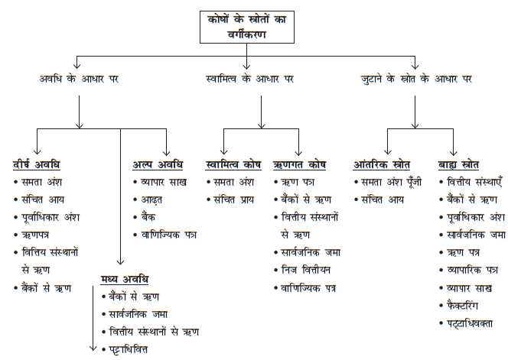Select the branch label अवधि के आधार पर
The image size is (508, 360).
tap(79, 79)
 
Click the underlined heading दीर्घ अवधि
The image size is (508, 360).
tap(36, 165)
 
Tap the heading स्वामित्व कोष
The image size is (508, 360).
tap(233, 165)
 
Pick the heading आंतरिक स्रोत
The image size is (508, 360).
tap(382, 165)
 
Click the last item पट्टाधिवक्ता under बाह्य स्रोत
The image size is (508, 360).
tap(471, 323)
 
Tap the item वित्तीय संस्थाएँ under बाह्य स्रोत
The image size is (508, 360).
tap(474, 183)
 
